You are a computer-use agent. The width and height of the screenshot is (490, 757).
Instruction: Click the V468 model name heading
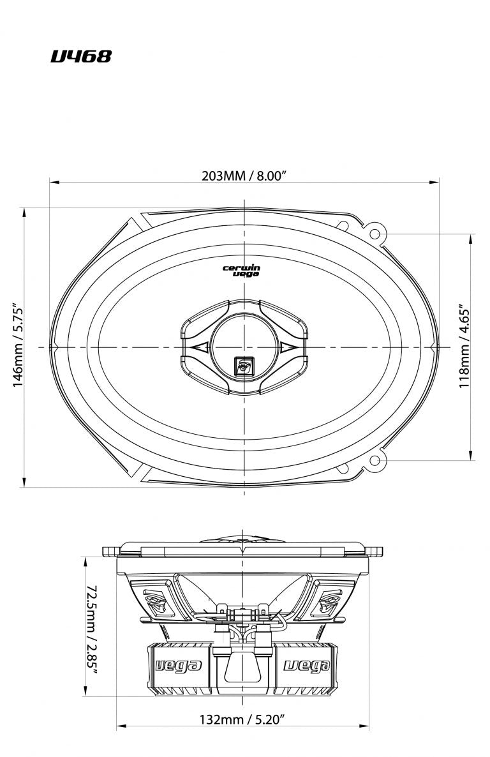(x=81, y=57)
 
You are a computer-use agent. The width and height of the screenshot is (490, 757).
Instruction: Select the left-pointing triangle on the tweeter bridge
(x=198, y=347)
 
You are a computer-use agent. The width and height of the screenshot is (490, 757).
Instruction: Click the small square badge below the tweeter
(x=243, y=365)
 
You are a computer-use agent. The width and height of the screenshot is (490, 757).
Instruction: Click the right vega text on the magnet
(x=307, y=666)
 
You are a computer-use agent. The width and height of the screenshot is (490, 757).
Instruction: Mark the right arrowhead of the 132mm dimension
(x=366, y=726)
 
